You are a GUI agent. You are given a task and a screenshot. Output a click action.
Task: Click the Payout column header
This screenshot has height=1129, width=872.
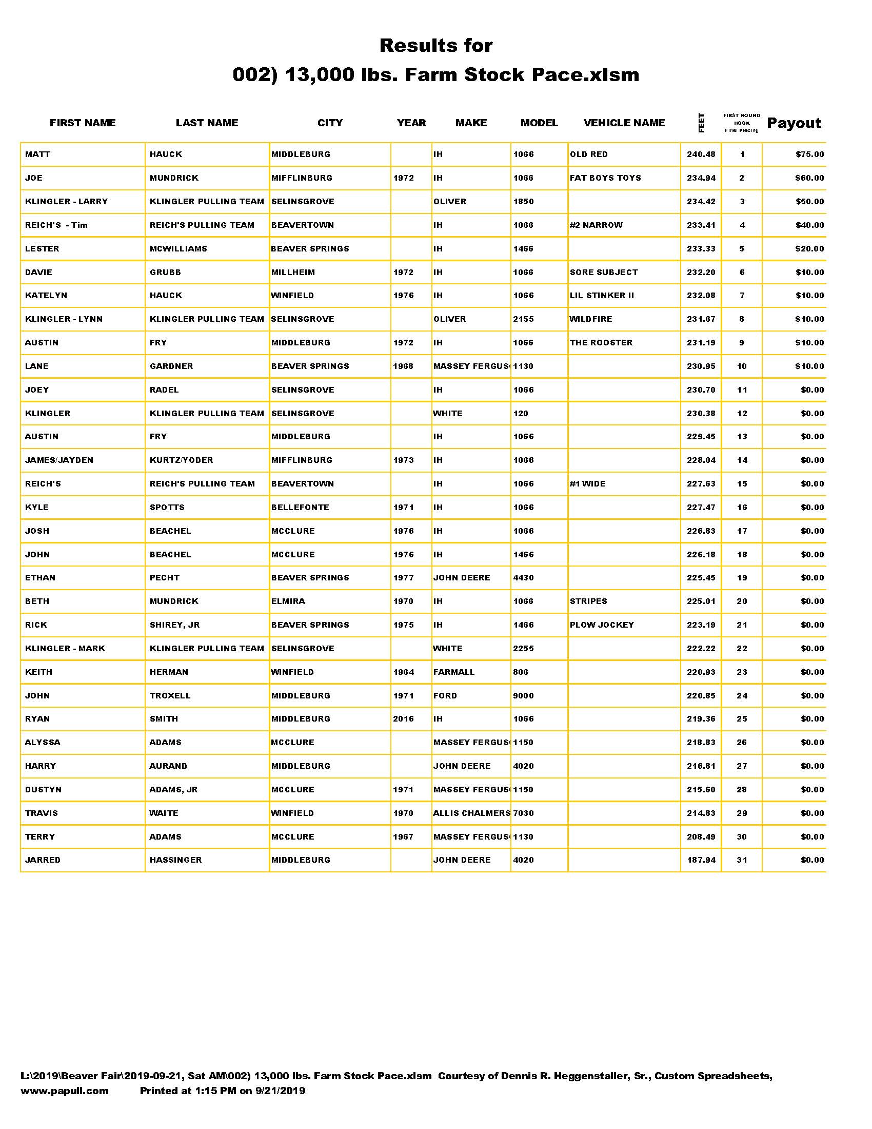tap(794, 123)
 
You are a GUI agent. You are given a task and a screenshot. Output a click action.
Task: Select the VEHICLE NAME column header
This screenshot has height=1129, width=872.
tap(624, 123)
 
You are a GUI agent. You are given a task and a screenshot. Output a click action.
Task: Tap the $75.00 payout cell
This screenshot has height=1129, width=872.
tap(809, 154)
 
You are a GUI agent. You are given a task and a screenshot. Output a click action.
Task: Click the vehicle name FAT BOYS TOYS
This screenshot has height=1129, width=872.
tap(605, 178)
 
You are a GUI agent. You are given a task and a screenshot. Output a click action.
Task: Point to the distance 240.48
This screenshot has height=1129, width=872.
tap(701, 154)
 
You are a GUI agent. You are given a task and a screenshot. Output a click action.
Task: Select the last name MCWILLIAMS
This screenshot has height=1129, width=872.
tap(178, 249)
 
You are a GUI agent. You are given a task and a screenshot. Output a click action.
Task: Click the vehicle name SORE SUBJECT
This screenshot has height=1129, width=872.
tap(603, 272)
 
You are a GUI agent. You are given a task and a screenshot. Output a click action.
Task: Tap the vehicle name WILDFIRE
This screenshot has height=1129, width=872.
tap(590, 319)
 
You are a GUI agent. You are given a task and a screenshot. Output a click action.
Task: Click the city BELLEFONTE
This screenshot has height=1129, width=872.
tap(300, 508)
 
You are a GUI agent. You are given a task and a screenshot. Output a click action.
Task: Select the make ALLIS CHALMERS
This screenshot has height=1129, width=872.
tap(471, 813)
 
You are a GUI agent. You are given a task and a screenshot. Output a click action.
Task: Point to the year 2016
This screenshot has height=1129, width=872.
tap(403, 719)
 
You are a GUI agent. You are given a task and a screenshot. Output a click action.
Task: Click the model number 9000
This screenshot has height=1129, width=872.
tap(523, 696)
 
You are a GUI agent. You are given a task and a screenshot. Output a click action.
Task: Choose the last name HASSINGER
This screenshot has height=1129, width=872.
tap(175, 860)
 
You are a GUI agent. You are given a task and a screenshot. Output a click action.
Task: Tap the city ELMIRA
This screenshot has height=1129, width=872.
tap(288, 602)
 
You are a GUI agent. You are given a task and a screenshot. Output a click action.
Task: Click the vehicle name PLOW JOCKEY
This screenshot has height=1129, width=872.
tap(601, 625)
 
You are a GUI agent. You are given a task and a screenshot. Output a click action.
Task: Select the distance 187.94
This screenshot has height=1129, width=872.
tap(701, 860)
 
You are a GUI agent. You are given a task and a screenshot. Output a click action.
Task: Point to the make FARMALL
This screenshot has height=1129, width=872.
tap(453, 672)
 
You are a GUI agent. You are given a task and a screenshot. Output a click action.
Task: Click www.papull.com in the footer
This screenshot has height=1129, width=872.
tap(65, 1091)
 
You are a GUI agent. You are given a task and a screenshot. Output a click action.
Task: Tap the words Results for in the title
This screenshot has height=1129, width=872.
tap(435, 46)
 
